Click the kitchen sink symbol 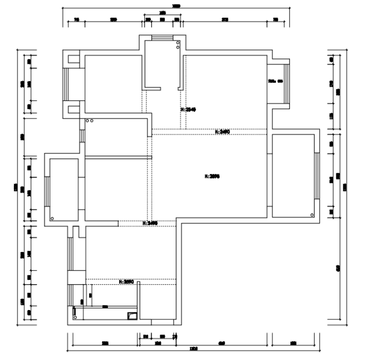click(132, 315)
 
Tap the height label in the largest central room click(212, 176)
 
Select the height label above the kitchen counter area click(127, 281)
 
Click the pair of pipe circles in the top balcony click(178, 45)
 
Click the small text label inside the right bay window click(275, 81)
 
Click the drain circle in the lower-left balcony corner click(52, 218)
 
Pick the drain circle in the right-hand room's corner click(312, 214)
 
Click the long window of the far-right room click(316, 176)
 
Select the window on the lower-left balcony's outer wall click(46, 191)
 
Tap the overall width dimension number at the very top click(176, 6)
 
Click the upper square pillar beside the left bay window click(72, 59)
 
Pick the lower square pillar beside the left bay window click(72, 108)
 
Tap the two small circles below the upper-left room click(90, 120)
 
